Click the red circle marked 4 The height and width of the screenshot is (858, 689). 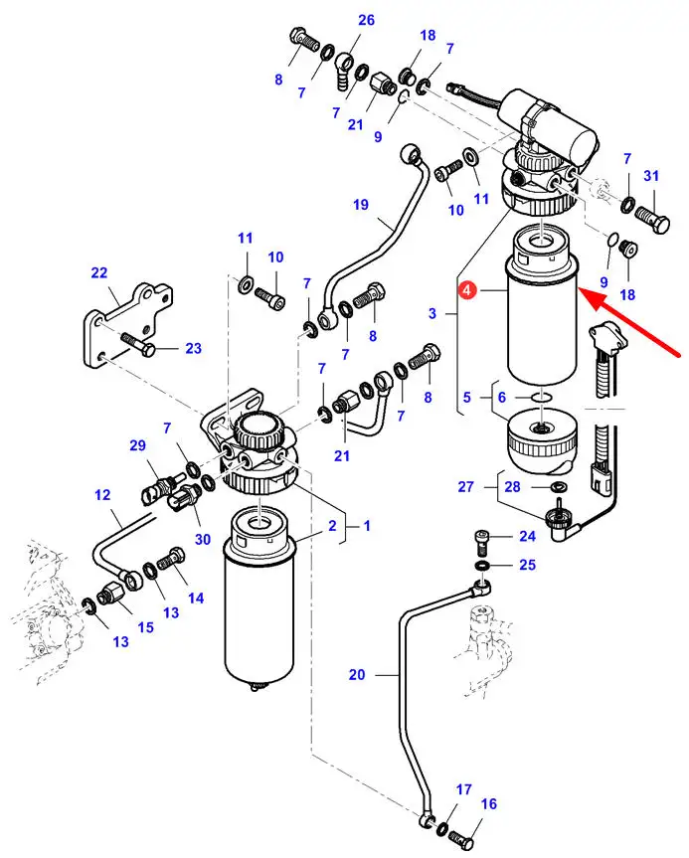coord(467,291)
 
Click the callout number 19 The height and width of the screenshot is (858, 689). coord(360,206)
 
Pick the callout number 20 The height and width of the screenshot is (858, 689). coord(357,675)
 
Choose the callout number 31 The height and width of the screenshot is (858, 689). coord(651,177)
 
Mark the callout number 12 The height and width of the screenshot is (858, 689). coord(101,494)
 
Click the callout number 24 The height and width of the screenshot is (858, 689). coord(526,538)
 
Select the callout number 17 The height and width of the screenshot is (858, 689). coord(463,789)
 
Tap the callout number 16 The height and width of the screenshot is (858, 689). coord(488,803)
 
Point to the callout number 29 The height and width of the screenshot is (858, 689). coord(137,446)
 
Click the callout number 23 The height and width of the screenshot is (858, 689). coord(192,348)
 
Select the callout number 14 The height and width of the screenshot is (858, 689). coord(195,599)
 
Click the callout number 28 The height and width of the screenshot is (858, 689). coord(512,487)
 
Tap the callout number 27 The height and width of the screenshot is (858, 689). coord(466,487)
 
